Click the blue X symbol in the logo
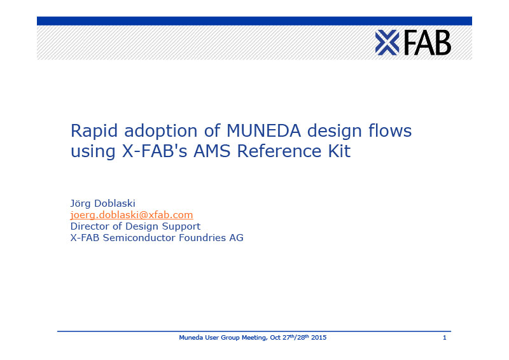pyautogui.click(x=387, y=43)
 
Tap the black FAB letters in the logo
pyautogui.click(x=428, y=43)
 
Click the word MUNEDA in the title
pyautogui.click(x=263, y=130)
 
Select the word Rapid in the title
pyautogui.click(x=94, y=131)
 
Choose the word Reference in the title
pyautogui.click(x=279, y=151)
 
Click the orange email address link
pyautogui.click(x=132, y=215)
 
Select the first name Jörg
pyautogui.click(x=80, y=204)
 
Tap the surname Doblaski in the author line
pyautogui.click(x=115, y=203)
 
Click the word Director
pyautogui.click(x=90, y=226)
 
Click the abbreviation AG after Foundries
pyautogui.click(x=236, y=238)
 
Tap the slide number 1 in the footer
pyautogui.click(x=444, y=338)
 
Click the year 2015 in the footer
pyautogui.click(x=319, y=338)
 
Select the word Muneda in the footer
pyautogui.click(x=192, y=338)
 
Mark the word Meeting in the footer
pyautogui.click(x=255, y=338)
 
